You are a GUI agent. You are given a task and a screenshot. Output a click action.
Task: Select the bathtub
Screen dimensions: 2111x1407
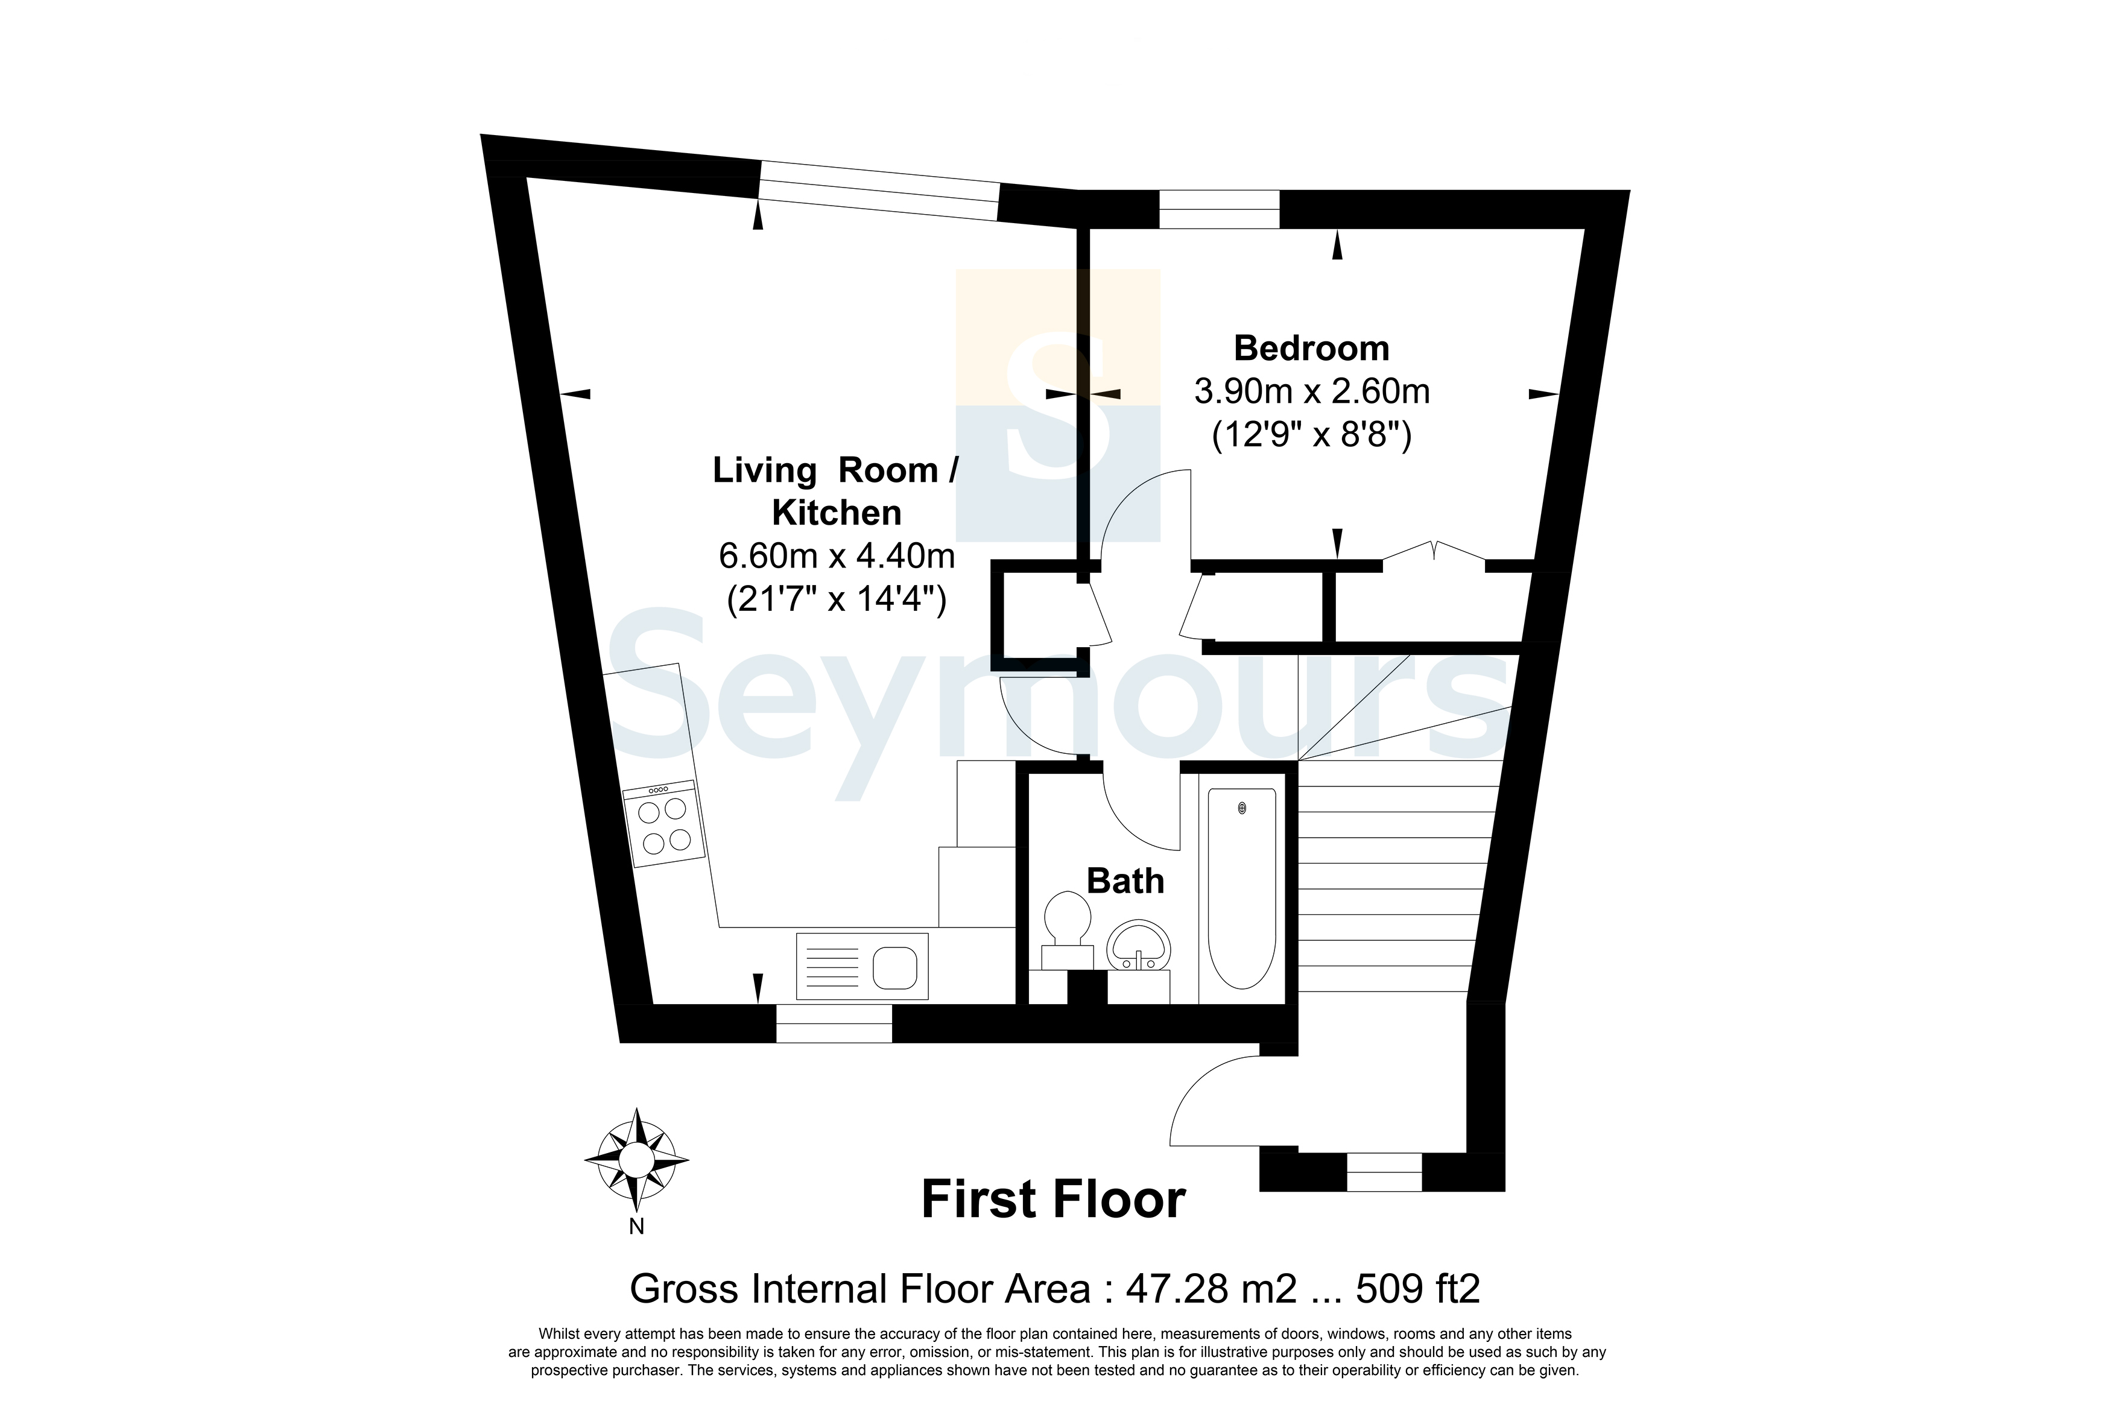pyautogui.click(x=1242, y=888)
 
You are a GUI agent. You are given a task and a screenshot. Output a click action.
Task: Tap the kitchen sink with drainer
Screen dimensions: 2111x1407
pyautogui.click(x=862, y=966)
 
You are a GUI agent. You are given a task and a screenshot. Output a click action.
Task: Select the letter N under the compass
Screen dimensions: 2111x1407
pyautogui.click(x=636, y=1227)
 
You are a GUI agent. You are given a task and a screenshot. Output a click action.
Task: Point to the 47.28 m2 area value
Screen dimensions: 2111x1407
pyautogui.click(x=1211, y=1289)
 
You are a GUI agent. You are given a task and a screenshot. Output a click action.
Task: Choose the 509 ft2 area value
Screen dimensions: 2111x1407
pyautogui.click(x=1417, y=1289)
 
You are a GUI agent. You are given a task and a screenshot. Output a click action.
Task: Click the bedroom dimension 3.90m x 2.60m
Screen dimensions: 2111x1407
pyautogui.click(x=1312, y=391)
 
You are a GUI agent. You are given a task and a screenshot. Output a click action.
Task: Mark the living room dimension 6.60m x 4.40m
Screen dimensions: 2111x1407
pyautogui.click(x=836, y=555)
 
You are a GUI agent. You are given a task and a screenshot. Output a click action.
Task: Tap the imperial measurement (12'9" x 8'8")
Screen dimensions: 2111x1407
pyautogui.click(x=1312, y=435)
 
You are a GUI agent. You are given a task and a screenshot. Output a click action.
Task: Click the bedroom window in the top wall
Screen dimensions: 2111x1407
pyautogui.click(x=1219, y=209)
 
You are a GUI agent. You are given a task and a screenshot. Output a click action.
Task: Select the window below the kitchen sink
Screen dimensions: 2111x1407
pyautogui.click(x=834, y=1023)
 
